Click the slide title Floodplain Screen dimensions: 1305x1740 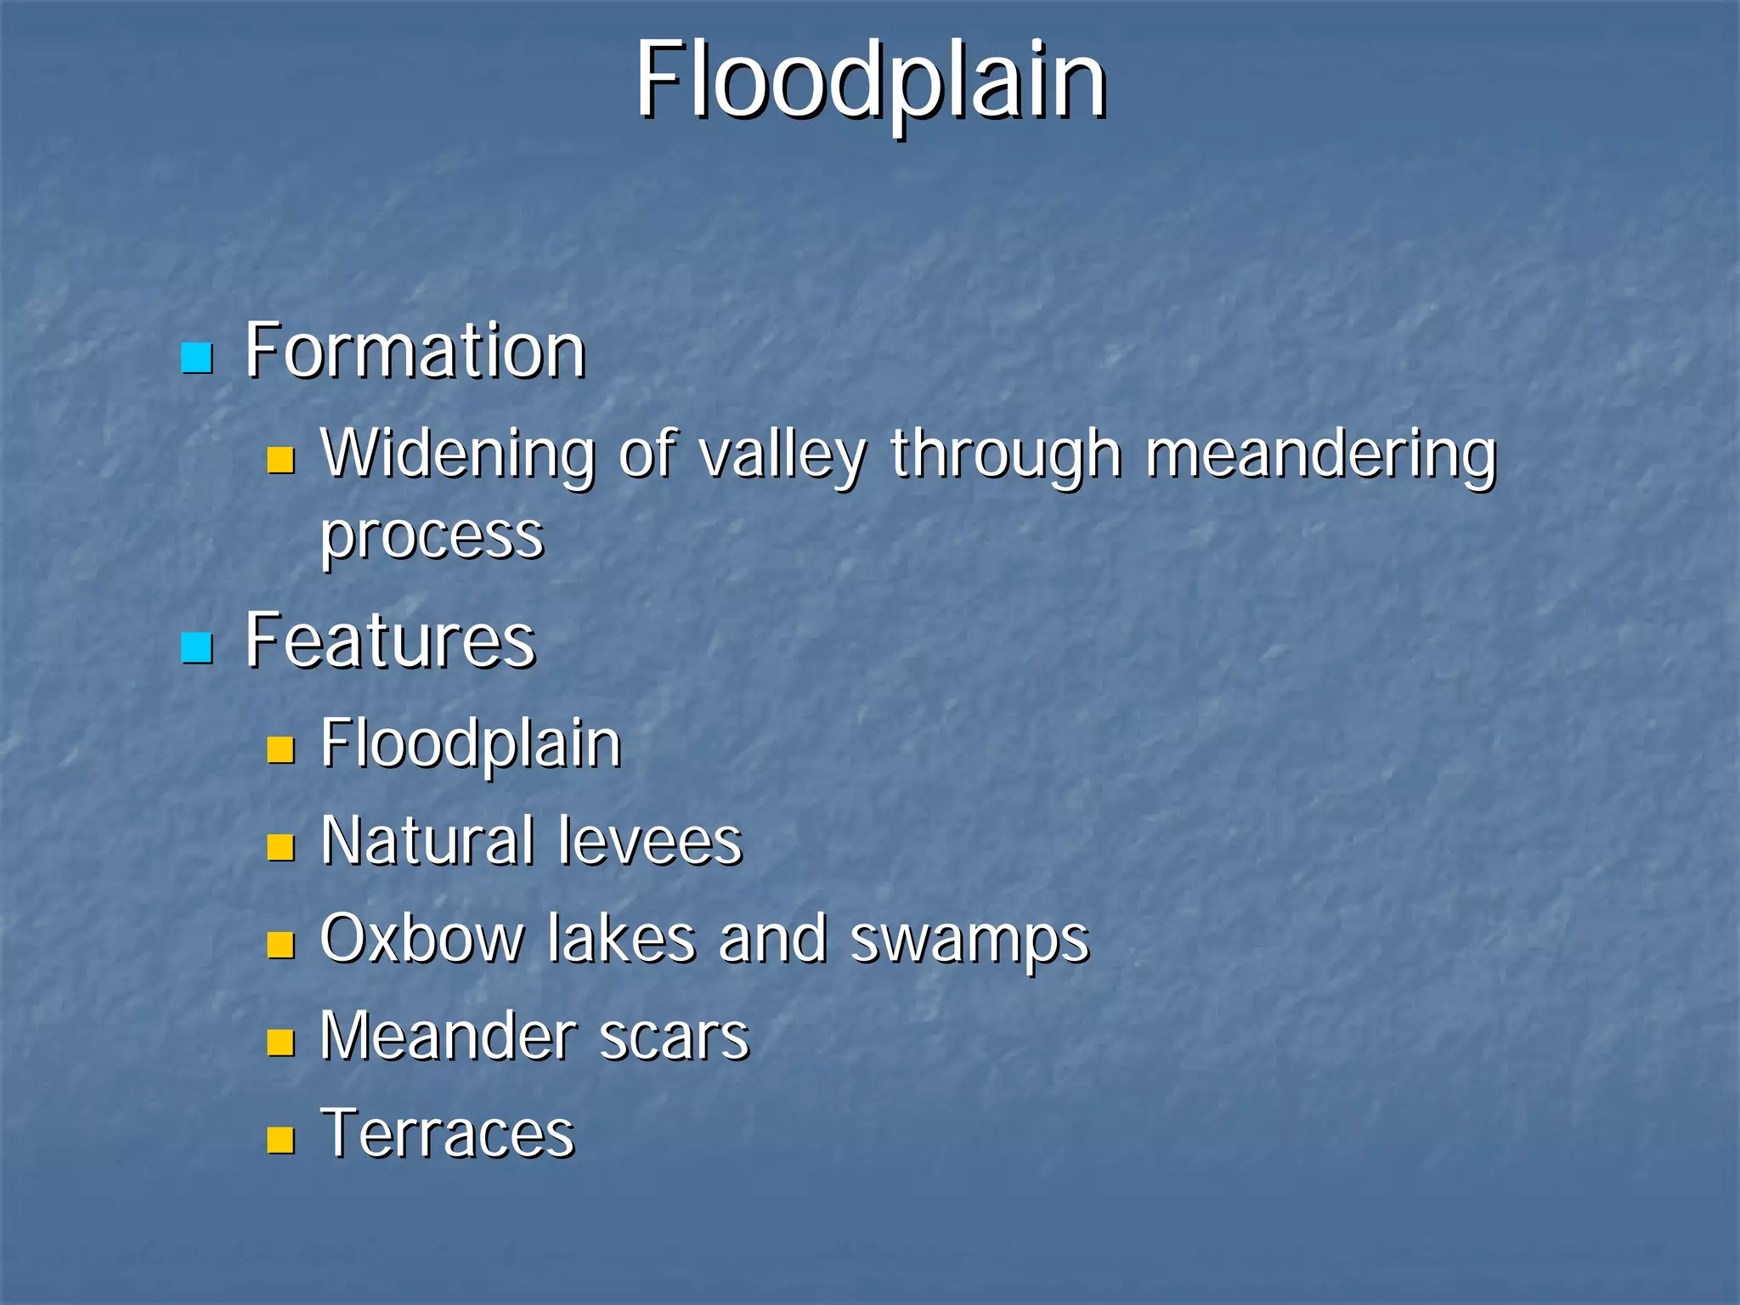click(x=871, y=81)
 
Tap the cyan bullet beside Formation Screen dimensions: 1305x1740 click(x=196, y=359)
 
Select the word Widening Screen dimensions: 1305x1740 click(x=458, y=455)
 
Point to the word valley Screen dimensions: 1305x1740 click(x=782, y=456)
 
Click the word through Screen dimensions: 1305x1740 click(x=1006, y=456)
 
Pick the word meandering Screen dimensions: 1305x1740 click(x=1320, y=456)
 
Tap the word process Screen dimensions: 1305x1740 click(x=432, y=537)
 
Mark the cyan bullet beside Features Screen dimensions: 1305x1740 click(x=196, y=648)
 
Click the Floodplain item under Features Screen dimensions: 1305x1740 click(x=471, y=744)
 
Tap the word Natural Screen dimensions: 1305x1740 click(x=428, y=841)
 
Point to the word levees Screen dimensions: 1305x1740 click(x=650, y=841)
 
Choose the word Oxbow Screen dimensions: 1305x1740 click(x=422, y=939)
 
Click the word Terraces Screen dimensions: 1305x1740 click(x=448, y=1134)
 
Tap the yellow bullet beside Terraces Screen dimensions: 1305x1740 click(x=280, y=1139)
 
